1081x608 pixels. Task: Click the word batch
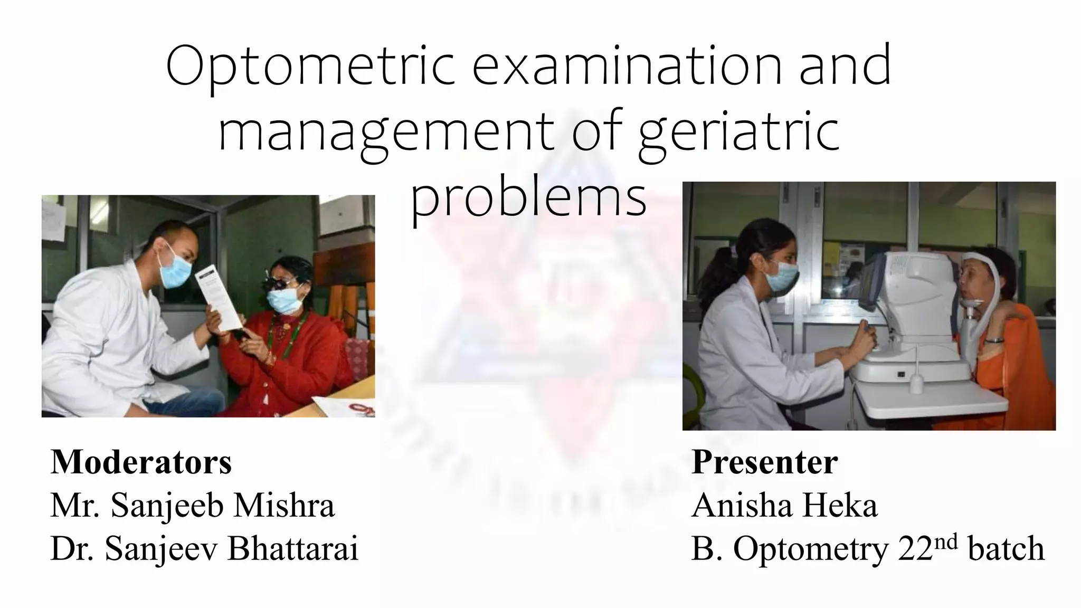tap(1006, 549)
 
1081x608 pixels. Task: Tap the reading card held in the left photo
tap(217, 298)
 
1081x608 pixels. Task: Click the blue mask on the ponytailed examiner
tap(782, 277)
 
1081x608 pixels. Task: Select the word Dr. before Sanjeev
tap(73, 548)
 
